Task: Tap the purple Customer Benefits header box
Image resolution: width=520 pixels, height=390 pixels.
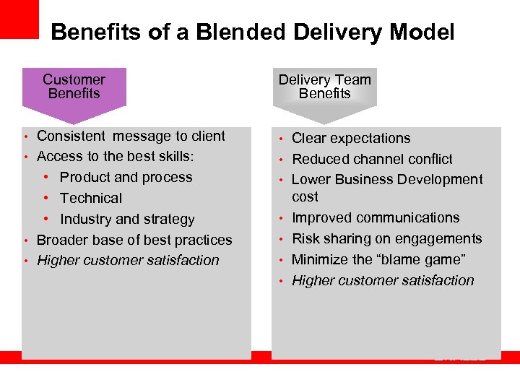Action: click(74, 87)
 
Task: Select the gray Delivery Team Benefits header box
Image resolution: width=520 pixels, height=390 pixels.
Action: click(324, 87)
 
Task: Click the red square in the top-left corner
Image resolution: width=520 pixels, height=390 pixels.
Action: click(19, 19)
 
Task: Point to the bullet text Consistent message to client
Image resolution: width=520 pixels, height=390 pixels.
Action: click(131, 136)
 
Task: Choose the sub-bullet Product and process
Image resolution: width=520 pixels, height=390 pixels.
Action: click(126, 177)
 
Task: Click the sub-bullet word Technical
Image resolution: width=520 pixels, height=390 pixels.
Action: click(91, 198)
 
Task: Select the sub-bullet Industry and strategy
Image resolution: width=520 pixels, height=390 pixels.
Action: click(127, 219)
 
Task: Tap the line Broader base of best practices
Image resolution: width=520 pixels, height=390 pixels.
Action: click(134, 240)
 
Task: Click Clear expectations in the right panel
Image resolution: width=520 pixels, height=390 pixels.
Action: click(351, 138)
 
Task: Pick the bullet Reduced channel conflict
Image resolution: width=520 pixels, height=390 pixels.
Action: click(372, 159)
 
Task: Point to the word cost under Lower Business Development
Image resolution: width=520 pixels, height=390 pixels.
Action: click(305, 196)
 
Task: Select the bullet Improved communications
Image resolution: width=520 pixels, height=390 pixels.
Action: click(376, 217)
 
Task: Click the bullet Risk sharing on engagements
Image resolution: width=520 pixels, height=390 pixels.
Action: click(386, 238)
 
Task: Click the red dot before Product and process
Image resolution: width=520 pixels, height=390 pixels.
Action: click(46, 178)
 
